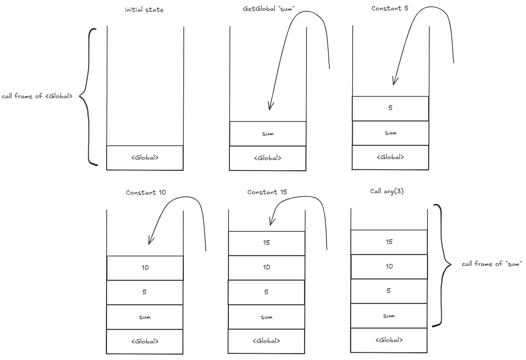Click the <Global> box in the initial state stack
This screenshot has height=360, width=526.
point(145,158)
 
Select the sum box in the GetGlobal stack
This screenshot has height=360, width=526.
point(267,134)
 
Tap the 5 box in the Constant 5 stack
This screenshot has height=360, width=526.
point(390,108)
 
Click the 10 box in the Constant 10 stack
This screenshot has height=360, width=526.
point(145,268)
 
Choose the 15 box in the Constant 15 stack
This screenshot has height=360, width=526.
point(267,243)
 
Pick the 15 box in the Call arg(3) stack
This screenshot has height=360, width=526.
point(389,242)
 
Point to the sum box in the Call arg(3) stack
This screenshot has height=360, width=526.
point(389,316)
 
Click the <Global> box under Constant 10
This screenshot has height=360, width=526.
point(145,341)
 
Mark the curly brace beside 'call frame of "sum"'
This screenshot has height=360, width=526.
point(441,265)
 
